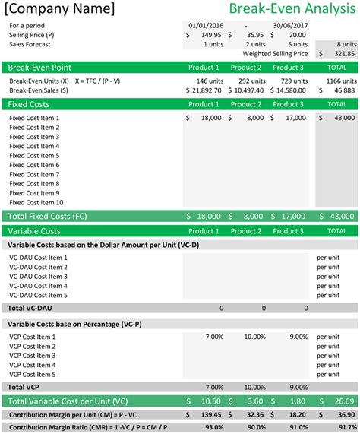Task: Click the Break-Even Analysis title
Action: click(292, 10)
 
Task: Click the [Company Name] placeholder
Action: click(62, 10)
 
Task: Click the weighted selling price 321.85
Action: click(342, 54)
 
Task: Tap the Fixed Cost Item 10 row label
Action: click(36, 202)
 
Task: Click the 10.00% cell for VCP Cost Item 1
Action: click(254, 337)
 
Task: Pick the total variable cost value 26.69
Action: click(344, 401)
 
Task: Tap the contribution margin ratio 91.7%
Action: click(345, 428)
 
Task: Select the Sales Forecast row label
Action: click(31, 44)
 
